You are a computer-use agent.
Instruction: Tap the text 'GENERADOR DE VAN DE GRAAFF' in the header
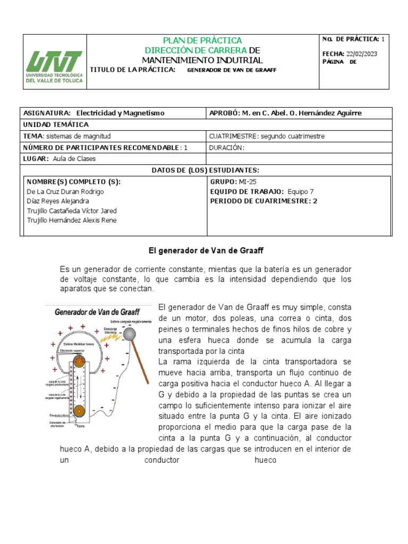[x=232, y=70]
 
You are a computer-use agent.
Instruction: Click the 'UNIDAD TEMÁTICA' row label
[x=56, y=124]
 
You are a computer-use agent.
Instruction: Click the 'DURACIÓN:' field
[x=227, y=148]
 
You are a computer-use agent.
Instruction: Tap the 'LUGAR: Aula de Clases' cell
[x=59, y=159]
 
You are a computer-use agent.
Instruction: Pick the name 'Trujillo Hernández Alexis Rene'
[x=71, y=220]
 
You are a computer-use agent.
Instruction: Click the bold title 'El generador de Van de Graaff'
[x=205, y=250]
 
